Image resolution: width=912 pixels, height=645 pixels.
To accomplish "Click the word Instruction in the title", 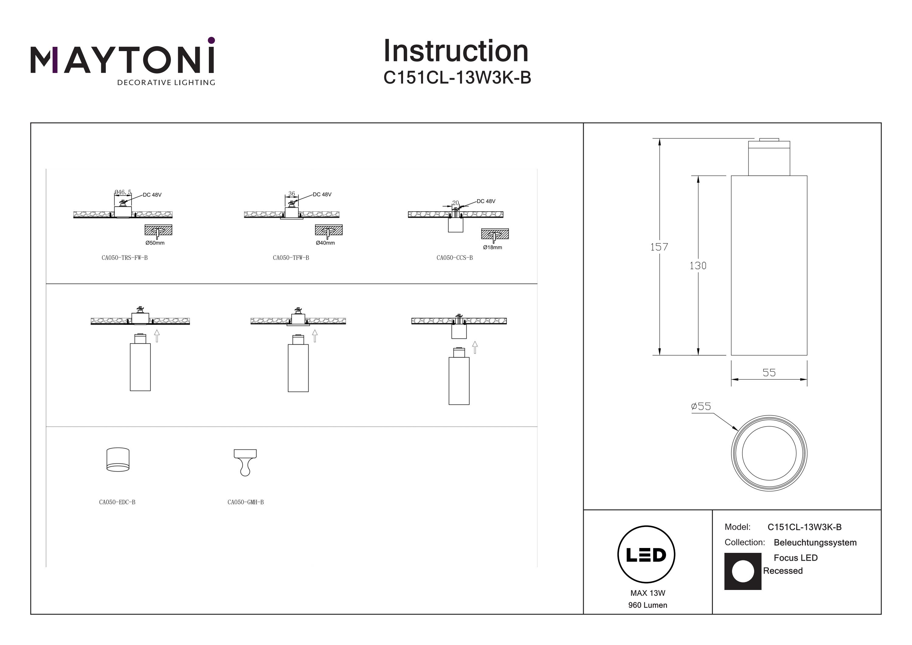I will (456, 51).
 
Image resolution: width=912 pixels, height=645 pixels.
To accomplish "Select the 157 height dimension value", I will (659, 247).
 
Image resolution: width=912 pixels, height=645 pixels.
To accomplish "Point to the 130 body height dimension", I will (698, 265).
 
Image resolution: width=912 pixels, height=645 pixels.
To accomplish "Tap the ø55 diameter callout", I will (701, 406).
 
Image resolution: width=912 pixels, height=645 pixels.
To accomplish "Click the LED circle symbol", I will (646, 555).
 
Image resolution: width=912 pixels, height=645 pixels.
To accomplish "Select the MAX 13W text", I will (648, 593).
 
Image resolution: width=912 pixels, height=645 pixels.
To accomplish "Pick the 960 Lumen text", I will (648, 605).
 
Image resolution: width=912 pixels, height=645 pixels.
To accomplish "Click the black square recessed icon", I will (743, 571).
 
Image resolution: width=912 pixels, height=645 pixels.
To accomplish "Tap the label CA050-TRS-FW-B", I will (124, 258).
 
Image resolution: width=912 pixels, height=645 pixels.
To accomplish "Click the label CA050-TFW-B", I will (291, 258).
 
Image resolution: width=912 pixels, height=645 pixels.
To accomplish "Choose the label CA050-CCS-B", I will (454, 258).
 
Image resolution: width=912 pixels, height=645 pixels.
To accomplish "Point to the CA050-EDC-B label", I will (117, 502).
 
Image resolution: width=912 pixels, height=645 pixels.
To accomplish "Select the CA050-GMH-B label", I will (245, 502).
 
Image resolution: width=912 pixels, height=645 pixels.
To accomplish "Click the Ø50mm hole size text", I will (155, 243).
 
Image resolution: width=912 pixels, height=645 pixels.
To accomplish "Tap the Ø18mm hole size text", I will (492, 247).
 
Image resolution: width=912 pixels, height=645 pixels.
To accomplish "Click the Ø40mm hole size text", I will (325, 243).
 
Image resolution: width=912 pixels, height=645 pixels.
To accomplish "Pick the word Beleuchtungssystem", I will (815, 543).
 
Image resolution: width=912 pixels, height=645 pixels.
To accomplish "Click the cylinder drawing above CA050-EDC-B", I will (118, 460).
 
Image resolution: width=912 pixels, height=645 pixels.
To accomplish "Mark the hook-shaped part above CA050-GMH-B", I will (245, 462).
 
